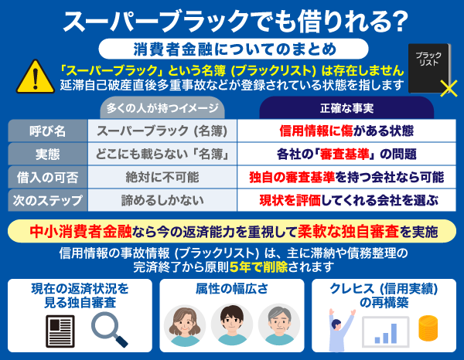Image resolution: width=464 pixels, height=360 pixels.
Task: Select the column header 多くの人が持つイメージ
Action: (161, 108)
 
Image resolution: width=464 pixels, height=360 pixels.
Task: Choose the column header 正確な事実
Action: (346, 108)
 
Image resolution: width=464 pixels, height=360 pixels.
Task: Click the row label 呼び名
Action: (46, 131)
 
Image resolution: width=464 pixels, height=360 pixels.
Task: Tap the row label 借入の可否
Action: (46, 177)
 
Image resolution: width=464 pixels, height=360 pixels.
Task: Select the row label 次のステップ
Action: (46, 200)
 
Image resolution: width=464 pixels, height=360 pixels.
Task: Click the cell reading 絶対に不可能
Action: (162, 177)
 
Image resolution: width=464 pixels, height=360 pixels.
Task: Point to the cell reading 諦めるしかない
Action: (162, 200)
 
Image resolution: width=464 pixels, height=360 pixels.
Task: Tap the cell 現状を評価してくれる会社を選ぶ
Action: (348, 200)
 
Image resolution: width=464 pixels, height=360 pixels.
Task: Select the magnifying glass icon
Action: (107, 328)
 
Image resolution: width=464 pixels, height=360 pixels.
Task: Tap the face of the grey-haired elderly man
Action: (278, 322)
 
